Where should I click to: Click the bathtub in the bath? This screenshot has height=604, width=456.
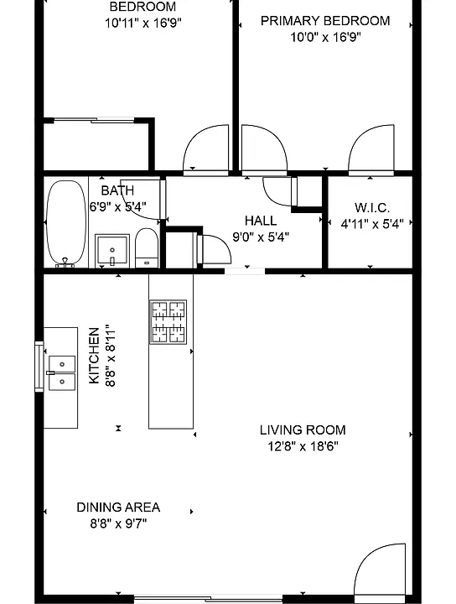(x=66, y=223)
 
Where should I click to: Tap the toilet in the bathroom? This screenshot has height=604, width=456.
(x=147, y=247)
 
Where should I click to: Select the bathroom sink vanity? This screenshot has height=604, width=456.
(x=112, y=250)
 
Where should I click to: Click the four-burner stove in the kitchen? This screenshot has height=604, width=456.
(x=168, y=322)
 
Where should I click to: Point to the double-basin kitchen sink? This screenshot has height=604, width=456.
(x=62, y=372)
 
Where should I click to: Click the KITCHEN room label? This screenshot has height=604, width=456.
(x=94, y=356)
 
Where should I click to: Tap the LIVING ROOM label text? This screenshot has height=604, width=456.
(x=303, y=430)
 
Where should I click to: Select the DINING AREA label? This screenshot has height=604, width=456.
(x=118, y=508)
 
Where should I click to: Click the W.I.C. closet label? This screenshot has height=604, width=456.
(x=372, y=208)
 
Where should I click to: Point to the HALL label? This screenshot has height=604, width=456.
(x=261, y=221)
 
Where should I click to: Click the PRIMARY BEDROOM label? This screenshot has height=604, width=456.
(x=325, y=21)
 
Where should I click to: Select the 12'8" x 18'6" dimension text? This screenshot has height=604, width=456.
(x=303, y=446)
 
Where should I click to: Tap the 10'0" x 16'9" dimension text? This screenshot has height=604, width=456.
(x=325, y=38)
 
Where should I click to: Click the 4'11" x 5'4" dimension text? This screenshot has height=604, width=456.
(x=372, y=223)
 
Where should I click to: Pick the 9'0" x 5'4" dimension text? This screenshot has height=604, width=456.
(x=261, y=237)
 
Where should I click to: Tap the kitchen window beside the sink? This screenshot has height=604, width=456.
(x=39, y=367)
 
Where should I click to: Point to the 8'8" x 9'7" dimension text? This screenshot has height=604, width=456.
(x=118, y=523)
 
